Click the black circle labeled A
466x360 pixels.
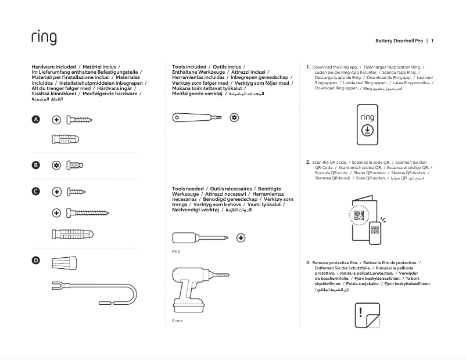click(x=35, y=120)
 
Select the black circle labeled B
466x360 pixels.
click(x=35, y=165)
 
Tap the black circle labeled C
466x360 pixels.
click(x=35, y=191)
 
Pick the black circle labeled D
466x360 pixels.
click(x=35, y=261)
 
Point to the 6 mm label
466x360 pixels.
click(x=177, y=321)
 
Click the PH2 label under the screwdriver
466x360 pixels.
click(x=177, y=253)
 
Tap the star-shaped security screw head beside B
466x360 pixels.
click(x=56, y=165)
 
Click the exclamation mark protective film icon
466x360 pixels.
click(x=367, y=316)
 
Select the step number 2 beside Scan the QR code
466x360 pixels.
click(x=308, y=163)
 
